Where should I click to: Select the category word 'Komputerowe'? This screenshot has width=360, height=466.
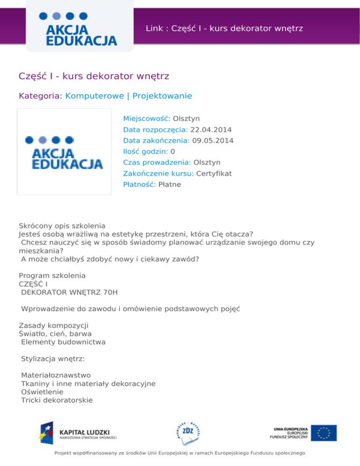pyautogui.click(x=95, y=96)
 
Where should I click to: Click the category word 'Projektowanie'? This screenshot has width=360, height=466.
pyautogui.click(x=162, y=96)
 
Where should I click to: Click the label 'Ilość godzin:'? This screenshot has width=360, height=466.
pyautogui.click(x=146, y=151)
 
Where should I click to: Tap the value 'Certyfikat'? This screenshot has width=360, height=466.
pyautogui.click(x=214, y=173)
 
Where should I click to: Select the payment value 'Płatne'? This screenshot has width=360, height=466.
pyautogui.click(x=170, y=185)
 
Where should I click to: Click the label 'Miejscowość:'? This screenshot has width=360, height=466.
pyautogui.click(x=147, y=119)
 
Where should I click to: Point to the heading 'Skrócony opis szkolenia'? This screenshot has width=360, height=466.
pyautogui.click(x=62, y=225)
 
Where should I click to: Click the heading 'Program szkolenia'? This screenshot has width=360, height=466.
pyautogui.click(x=52, y=276)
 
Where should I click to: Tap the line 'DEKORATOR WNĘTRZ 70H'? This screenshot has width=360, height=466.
pyautogui.click(x=69, y=293)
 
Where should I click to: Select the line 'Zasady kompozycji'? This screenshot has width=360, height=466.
pyautogui.click(x=53, y=325)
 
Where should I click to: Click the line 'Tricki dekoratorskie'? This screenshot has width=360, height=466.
pyautogui.click(x=57, y=400)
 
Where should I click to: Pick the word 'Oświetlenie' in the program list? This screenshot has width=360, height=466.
pyautogui.click(x=42, y=392)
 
